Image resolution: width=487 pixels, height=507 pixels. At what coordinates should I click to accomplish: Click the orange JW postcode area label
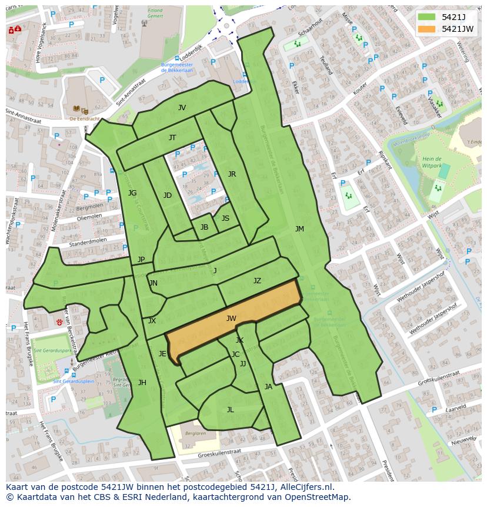click(x=231, y=319)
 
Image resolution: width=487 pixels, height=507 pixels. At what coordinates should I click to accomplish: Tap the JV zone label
click(x=182, y=108)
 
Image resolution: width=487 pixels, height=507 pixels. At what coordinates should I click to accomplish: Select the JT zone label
click(x=172, y=138)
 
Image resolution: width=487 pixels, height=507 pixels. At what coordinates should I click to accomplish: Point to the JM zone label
click(x=299, y=229)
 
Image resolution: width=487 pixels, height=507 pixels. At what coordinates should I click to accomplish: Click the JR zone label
click(x=232, y=174)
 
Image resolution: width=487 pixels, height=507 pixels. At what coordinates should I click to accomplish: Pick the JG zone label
click(x=132, y=193)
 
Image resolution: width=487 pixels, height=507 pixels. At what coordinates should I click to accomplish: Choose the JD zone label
click(x=168, y=195)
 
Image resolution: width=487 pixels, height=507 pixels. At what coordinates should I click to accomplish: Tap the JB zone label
click(x=204, y=227)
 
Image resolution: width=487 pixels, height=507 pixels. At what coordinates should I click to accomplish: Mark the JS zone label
click(x=225, y=218)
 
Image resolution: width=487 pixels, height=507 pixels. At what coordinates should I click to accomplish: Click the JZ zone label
click(x=257, y=281)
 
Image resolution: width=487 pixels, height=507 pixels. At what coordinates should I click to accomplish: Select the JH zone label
click(x=142, y=383)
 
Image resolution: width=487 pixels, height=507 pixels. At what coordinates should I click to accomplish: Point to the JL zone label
click(x=230, y=410)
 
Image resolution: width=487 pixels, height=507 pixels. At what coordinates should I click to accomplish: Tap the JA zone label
click(x=269, y=387)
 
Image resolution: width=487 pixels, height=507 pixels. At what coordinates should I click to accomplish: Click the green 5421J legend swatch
click(x=426, y=17)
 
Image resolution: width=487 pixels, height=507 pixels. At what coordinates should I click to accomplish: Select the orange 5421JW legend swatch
click(x=426, y=29)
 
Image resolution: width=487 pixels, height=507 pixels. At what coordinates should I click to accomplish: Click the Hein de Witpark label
click(x=432, y=163)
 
